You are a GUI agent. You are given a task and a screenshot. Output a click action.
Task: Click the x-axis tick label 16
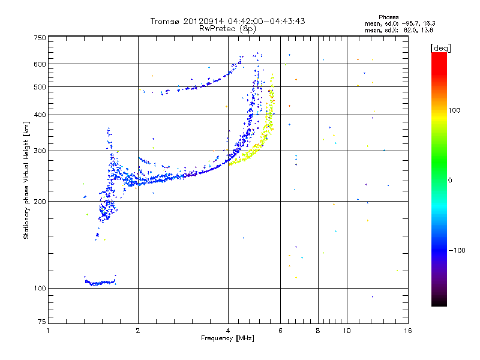(408, 331)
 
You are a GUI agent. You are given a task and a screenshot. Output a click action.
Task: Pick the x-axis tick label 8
(318, 331)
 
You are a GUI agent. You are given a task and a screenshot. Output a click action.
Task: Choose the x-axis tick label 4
(228, 331)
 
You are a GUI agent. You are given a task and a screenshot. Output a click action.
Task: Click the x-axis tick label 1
(48, 331)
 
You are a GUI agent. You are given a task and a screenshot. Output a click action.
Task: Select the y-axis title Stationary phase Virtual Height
(26, 180)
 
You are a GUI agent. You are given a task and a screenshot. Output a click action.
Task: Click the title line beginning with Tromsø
(227, 21)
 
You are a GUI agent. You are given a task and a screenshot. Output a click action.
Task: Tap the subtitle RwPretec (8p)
(227, 28)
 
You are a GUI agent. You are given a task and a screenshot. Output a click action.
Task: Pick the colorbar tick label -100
(457, 250)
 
